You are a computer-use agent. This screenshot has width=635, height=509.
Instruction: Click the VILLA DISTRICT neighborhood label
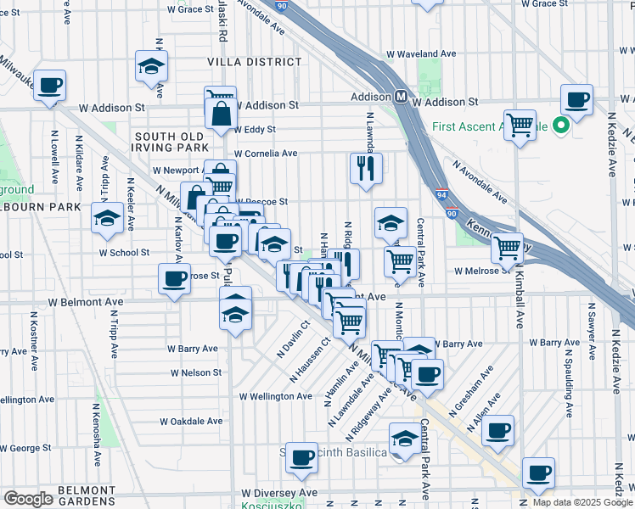click(254, 62)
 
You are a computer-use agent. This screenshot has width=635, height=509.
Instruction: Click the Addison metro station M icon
click(399, 96)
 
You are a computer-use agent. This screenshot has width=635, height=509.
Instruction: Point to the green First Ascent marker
click(560, 127)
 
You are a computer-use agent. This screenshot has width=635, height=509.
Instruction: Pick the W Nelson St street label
click(196, 372)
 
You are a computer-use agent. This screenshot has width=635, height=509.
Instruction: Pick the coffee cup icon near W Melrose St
click(175, 277)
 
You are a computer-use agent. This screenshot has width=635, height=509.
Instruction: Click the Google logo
click(28, 499)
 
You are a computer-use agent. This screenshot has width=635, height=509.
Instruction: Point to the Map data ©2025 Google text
click(582, 502)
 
